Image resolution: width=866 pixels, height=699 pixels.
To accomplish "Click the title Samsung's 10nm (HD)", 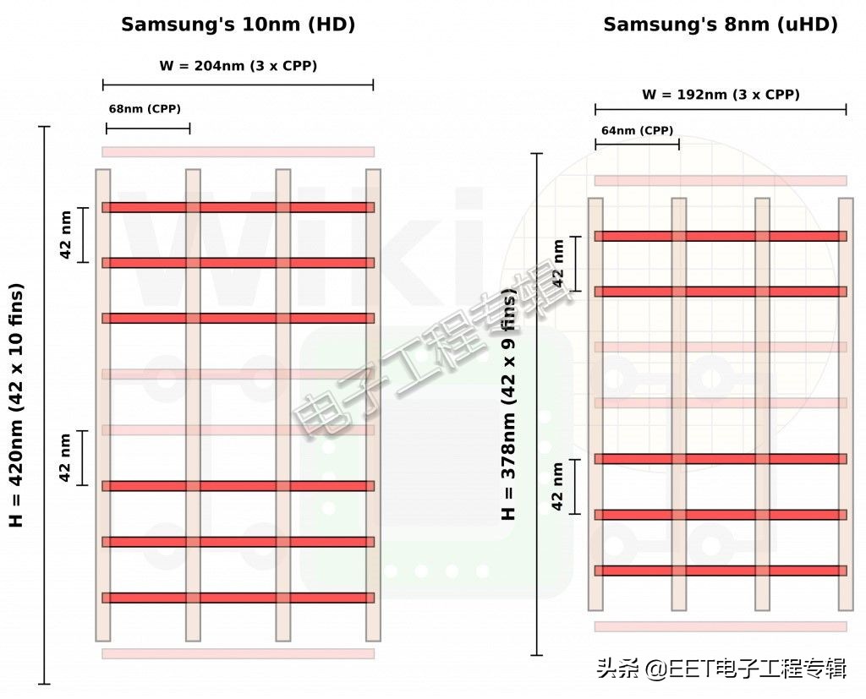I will coord(238,25).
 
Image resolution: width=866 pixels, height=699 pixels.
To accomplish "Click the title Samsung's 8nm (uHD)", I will coord(720,25).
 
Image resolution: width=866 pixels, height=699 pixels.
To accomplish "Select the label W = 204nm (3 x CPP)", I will coord(238,65).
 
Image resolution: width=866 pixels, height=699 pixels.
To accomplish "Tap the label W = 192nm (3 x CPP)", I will coord(721,95).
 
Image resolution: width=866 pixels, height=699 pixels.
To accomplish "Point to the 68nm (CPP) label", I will coord(145,109).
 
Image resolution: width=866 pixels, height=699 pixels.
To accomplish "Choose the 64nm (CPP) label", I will coord(637,130).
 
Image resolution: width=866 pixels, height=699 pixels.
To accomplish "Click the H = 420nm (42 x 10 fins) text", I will coord(17,405).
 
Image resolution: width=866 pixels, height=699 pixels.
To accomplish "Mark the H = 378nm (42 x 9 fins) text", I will coord(508,406).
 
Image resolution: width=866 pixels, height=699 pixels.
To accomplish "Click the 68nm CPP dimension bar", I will coord(148,128).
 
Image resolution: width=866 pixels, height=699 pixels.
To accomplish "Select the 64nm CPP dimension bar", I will coord(637,145).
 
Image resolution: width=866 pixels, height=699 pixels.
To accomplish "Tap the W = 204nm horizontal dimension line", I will coord(238,85).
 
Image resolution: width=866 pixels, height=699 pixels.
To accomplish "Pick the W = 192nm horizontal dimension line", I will coord(721,109).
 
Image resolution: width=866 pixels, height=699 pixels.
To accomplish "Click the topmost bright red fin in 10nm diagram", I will coord(238,207).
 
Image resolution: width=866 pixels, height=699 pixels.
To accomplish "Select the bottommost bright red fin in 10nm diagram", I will coord(238,598).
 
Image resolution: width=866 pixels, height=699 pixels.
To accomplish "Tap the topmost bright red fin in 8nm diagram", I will coord(721,236).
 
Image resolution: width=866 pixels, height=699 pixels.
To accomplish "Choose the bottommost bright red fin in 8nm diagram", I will coord(721,571).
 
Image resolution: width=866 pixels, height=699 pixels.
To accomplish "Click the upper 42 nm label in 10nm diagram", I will coord(66,235).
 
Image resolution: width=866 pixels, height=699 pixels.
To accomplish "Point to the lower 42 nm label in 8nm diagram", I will coord(557,486).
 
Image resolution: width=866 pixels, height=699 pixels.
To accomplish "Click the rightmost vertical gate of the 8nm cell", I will coord(846,404).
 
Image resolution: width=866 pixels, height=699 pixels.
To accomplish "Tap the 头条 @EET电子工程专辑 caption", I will coord(721,669).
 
